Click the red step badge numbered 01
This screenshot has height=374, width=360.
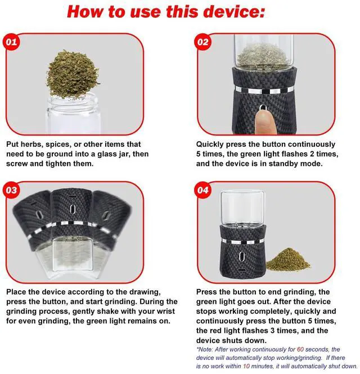[x=11, y=42]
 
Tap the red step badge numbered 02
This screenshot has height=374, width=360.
[x=203, y=42]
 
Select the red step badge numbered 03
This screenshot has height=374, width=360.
[x=11, y=190]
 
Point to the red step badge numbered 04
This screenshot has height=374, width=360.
[x=203, y=190]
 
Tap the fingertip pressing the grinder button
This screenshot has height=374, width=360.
[x=265, y=121]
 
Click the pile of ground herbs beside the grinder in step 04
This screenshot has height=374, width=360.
[x=288, y=260]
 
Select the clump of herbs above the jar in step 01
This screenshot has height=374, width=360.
[x=73, y=74]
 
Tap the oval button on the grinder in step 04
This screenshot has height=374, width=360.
[x=242, y=256]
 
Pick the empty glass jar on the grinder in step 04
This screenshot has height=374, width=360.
[x=243, y=208]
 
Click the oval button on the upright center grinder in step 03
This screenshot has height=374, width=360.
[x=73, y=209]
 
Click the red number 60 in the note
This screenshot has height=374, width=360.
[x=300, y=349]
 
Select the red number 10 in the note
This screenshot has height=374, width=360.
[x=246, y=366]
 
